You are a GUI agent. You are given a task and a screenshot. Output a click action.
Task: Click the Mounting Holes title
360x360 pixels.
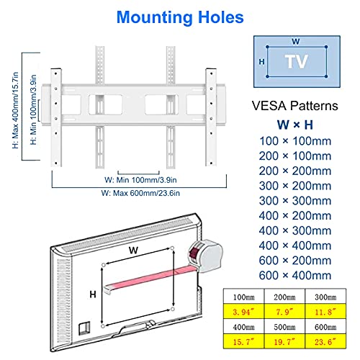[180, 17]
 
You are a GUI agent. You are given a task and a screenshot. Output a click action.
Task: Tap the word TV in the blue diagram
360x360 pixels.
[297, 61]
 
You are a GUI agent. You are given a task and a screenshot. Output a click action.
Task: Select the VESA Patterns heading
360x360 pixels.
[295, 106]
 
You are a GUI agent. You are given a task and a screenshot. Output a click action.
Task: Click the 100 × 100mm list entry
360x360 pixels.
[295, 141]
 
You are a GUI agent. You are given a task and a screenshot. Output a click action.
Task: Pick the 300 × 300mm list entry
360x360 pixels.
[295, 201]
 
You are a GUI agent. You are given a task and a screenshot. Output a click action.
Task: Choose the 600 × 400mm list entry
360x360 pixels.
[295, 275]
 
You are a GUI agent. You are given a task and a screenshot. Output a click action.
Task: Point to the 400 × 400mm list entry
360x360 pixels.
[295, 246]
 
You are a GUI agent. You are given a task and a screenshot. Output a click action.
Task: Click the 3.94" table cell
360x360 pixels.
[243, 312]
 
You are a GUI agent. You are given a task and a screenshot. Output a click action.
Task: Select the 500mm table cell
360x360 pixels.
[284, 327]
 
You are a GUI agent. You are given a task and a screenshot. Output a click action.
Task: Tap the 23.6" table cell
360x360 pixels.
[325, 341]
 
